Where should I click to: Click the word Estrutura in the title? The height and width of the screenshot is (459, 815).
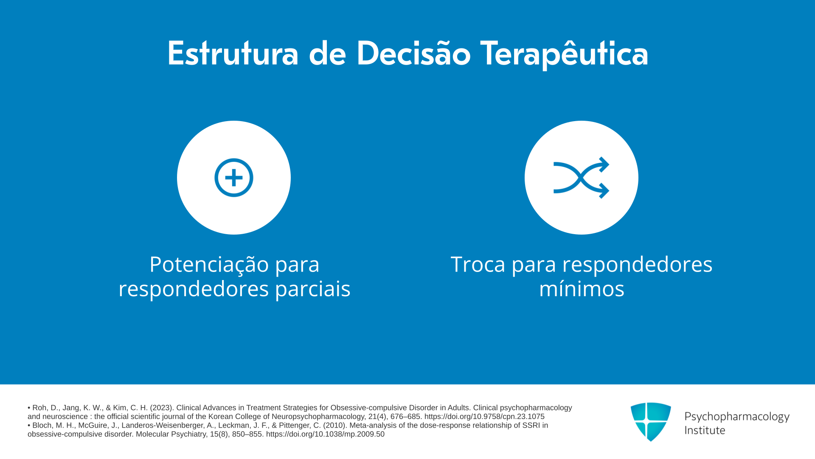(x=233, y=54)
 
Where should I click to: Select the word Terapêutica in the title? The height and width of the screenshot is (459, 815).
(x=565, y=54)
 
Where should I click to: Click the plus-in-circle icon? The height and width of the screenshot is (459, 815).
(x=234, y=178)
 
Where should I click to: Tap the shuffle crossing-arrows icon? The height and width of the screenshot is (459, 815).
(x=582, y=178)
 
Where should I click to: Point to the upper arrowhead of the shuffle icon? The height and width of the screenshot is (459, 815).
(x=604, y=164)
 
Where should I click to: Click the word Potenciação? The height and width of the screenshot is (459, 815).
(x=209, y=264)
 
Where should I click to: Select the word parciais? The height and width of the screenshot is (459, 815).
(x=313, y=289)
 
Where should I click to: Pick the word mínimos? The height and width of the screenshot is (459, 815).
(x=582, y=289)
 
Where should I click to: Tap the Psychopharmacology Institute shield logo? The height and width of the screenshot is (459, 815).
(x=651, y=422)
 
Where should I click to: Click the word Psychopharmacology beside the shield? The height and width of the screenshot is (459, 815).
(x=737, y=417)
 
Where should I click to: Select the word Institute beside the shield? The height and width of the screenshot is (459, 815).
(x=705, y=430)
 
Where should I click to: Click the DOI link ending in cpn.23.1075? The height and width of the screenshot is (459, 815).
(x=484, y=416)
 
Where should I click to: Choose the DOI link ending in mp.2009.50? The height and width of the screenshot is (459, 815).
(x=325, y=434)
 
